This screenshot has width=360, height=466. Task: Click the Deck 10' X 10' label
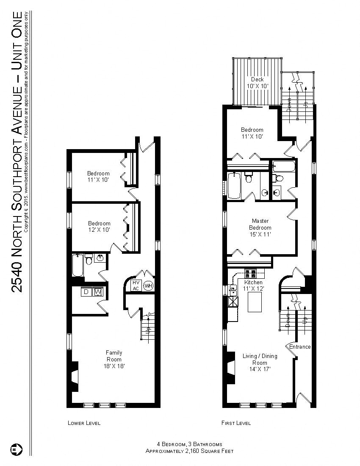coord(257,83)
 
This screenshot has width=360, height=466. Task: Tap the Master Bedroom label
coord(260,227)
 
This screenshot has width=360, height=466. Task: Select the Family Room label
coord(114,359)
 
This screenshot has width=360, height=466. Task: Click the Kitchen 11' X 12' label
coord(254,286)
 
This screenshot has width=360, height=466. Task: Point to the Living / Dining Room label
coord(260,363)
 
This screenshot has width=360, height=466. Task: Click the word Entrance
coord(300,347)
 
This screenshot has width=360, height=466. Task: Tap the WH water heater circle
coord(148,286)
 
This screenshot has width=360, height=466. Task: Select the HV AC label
coord(136,286)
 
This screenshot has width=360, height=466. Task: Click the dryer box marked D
coord(86,292)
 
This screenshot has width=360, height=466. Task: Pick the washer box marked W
coord(98,292)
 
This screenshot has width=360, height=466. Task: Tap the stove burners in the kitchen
coord(250,273)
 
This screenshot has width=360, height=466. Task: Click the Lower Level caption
coord(84,423)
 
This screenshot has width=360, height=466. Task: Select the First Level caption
coord(236,423)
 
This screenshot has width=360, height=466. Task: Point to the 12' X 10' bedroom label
coord(99,227)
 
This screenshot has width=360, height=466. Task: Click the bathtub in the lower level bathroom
coord(78,265)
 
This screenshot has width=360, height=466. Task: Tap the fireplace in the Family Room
coord(74,376)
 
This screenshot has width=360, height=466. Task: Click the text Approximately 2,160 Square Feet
coord(189,451)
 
